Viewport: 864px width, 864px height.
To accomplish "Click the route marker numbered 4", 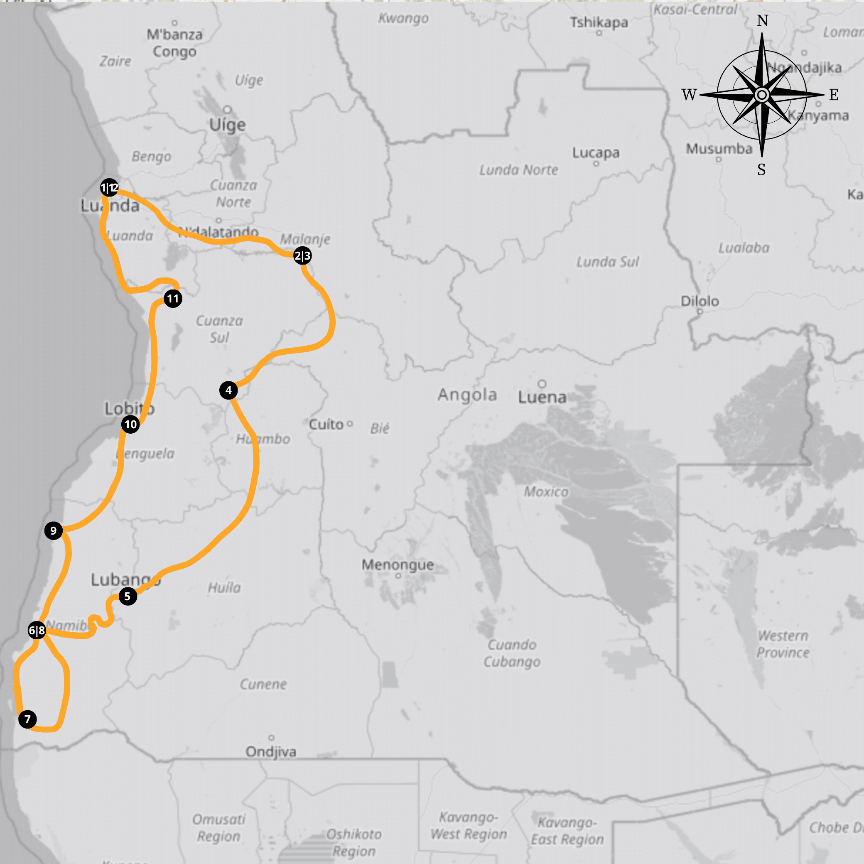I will click(228, 390).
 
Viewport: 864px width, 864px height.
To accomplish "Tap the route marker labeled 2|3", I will click(302, 256).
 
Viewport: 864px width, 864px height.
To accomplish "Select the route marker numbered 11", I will click(173, 298).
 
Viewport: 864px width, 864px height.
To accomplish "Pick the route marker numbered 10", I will click(130, 425).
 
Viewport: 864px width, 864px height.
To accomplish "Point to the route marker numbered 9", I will click(54, 531).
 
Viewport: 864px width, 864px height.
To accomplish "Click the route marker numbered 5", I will click(128, 596).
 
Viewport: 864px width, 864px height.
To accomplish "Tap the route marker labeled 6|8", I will click(37, 631).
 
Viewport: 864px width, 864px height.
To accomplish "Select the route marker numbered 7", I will click(28, 719).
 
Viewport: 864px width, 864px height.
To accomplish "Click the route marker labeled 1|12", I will click(110, 187).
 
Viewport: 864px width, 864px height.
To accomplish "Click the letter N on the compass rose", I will click(763, 21).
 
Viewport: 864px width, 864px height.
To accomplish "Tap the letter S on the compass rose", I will click(761, 169).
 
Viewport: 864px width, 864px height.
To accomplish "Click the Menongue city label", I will click(398, 565).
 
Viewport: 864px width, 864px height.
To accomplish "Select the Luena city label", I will click(542, 397).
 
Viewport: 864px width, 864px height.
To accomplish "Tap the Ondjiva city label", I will click(271, 752).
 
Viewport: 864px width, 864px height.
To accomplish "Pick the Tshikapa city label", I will click(599, 22).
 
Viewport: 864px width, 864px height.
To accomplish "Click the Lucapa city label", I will click(596, 153).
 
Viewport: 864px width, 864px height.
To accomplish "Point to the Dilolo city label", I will click(700, 301).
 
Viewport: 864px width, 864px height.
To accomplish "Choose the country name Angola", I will click(467, 395).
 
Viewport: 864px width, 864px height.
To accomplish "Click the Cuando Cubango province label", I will click(512, 653).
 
